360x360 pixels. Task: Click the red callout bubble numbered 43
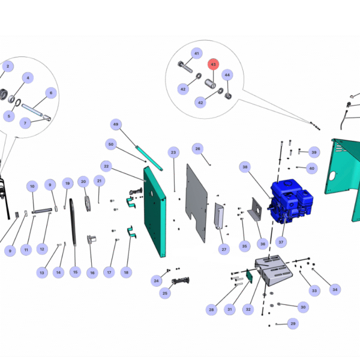click(213, 64)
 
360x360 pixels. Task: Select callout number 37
click(281, 242)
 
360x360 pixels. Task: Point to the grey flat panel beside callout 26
click(197, 203)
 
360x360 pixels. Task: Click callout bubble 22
click(106, 166)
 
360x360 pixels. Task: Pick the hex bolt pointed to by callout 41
click(185, 67)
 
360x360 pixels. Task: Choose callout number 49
click(116, 124)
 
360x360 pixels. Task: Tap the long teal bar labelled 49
click(149, 158)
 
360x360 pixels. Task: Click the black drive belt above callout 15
click(73, 222)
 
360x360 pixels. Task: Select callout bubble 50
click(111, 145)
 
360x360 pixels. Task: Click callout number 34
click(335, 290)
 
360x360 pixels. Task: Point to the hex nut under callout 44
click(228, 96)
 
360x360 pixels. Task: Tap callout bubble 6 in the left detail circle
click(51, 93)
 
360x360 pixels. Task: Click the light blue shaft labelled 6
click(32, 110)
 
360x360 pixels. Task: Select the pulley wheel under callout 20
click(88, 203)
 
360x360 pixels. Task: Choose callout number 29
click(293, 323)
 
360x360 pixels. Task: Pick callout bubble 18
click(126, 272)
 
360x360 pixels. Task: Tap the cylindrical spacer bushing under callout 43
click(210, 83)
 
